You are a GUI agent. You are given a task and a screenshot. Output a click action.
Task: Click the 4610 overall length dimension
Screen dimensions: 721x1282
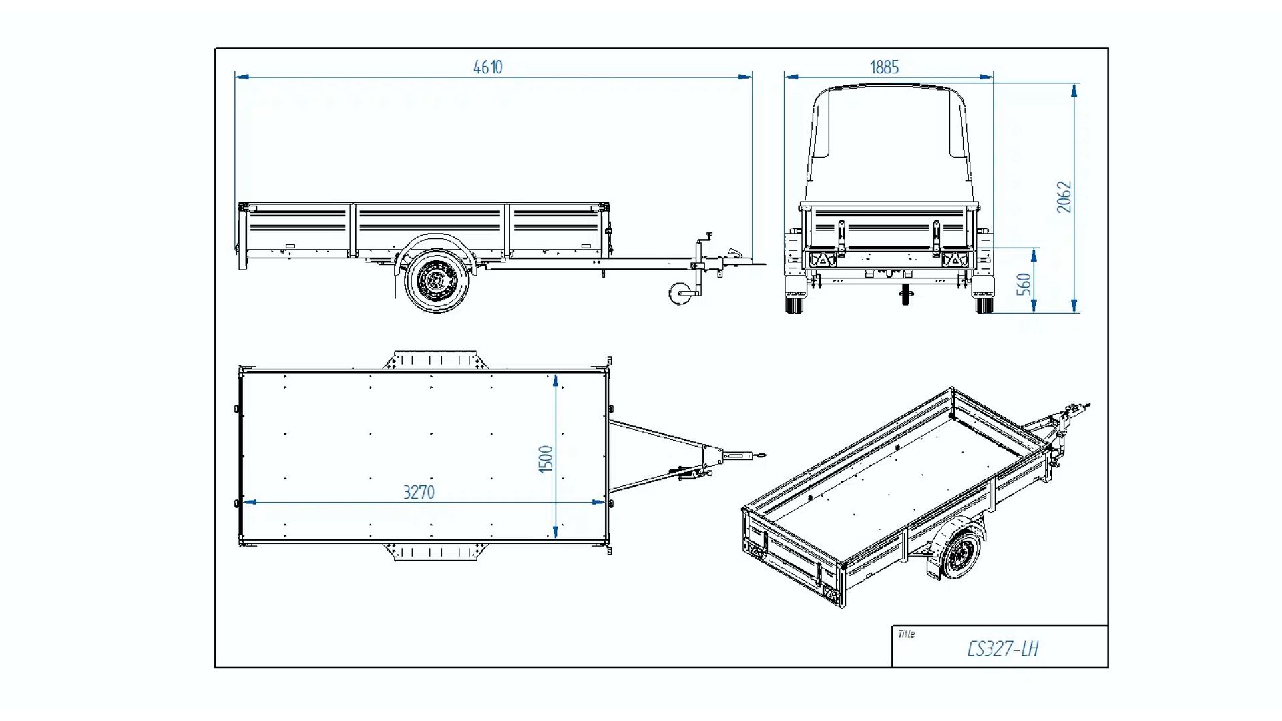click(487, 67)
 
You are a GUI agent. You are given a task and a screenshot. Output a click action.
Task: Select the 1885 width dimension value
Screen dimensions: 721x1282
click(884, 67)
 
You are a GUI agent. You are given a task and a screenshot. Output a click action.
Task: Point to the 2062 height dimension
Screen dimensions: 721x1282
click(1064, 197)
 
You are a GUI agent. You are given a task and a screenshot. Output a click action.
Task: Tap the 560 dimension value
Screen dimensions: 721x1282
click(1024, 284)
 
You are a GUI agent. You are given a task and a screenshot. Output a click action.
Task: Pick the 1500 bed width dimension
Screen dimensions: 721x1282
click(546, 459)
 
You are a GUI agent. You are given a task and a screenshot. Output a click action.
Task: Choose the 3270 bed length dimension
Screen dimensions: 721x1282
click(419, 493)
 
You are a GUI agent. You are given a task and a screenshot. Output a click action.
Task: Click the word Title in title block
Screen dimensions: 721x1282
click(906, 634)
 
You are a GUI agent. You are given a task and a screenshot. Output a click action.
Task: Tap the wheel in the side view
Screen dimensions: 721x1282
click(437, 281)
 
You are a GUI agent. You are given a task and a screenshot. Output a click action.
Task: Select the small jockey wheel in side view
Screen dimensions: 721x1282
click(680, 294)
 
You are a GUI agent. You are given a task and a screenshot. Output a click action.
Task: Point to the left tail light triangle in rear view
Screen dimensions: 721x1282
click(823, 260)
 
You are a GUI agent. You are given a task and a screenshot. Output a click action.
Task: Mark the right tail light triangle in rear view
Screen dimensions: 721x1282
click(955, 260)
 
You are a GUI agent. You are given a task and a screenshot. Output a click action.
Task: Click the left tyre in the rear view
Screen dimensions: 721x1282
click(794, 304)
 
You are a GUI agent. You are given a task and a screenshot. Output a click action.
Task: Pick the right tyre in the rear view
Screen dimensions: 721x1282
click(984, 304)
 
